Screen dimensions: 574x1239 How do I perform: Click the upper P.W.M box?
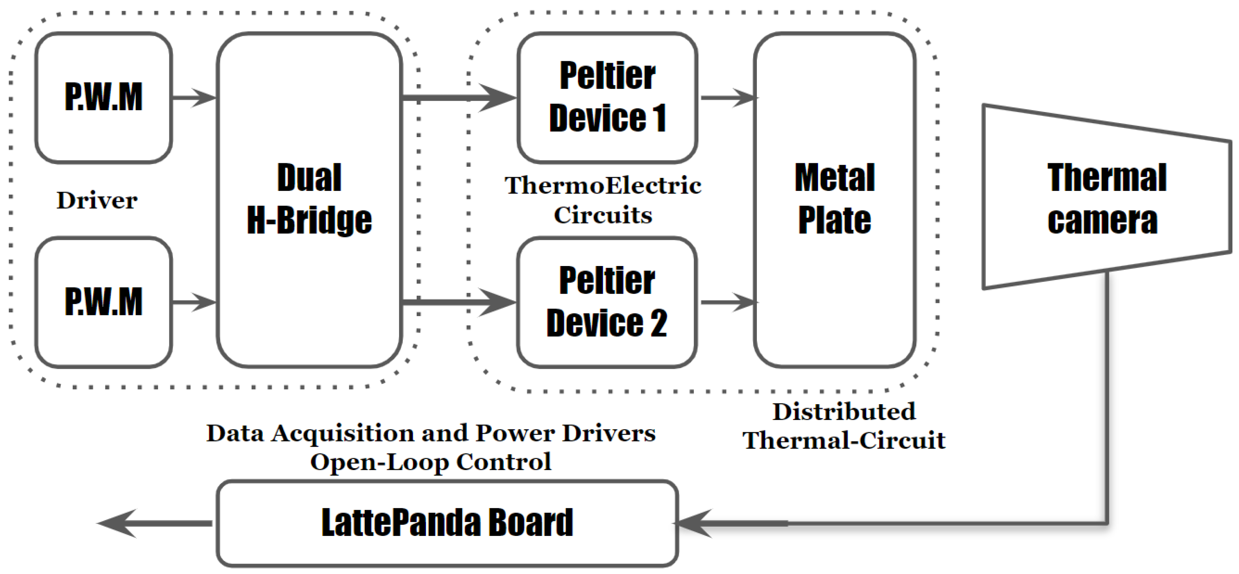[104, 98]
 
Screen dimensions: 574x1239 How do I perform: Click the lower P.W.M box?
[104, 302]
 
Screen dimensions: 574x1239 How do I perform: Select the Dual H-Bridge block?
[309, 200]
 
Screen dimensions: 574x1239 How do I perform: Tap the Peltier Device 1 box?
[607, 98]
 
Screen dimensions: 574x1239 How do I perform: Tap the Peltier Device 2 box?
[607, 302]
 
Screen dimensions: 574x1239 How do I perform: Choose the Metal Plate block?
[835, 200]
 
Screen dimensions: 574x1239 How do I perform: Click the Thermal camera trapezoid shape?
[1106, 197]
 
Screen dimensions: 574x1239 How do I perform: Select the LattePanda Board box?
[447, 523]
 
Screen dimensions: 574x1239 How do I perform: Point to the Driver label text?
[97, 200]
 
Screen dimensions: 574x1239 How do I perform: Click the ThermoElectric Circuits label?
[603, 200]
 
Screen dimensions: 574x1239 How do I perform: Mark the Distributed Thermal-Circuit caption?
[844, 426]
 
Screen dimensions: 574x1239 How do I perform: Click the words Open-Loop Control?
[431, 462]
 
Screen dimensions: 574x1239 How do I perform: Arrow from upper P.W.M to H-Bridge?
[194, 98]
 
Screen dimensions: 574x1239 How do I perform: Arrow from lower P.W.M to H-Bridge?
[194, 302]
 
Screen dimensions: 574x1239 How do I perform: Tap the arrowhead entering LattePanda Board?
[695, 523]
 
